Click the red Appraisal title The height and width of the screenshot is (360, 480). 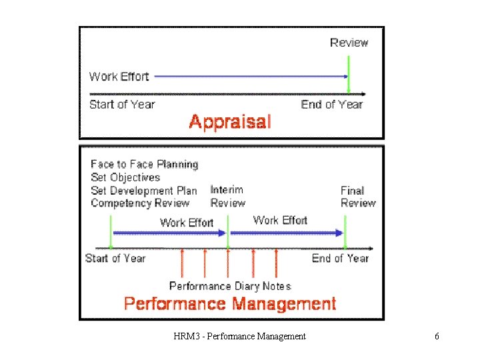pyautogui.click(x=230, y=121)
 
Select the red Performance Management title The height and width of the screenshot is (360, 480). pyautogui.click(x=230, y=304)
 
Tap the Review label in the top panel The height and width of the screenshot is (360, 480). pyautogui.click(x=349, y=43)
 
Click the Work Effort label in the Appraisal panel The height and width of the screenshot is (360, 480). pyautogui.click(x=119, y=77)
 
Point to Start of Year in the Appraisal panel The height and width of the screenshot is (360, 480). pyautogui.click(x=122, y=104)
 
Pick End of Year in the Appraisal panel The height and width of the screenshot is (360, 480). pyautogui.click(x=332, y=104)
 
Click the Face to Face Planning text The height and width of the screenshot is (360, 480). pyautogui.click(x=145, y=164)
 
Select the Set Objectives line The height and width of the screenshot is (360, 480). pyautogui.click(x=125, y=177)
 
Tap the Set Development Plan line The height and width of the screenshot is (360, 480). pyautogui.click(x=144, y=191)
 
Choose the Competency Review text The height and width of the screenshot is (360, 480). pyautogui.click(x=140, y=203)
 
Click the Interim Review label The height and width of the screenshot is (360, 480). pyautogui.click(x=228, y=197)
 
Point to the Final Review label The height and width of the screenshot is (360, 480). pyautogui.click(x=358, y=197)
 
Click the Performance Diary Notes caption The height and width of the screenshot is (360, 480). pyautogui.click(x=230, y=286)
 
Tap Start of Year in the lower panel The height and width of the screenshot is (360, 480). pyautogui.click(x=115, y=258)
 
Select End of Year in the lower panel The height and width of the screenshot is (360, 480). pyautogui.click(x=340, y=258)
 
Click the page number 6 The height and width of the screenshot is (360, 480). pyautogui.click(x=437, y=337)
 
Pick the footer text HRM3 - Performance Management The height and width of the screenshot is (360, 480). pyautogui.click(x=239, y=337)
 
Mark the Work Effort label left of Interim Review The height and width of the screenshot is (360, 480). pyautogui.click(x=187, y=223)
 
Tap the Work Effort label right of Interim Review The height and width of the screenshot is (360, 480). pyautogui.click(x=280, y=220)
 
